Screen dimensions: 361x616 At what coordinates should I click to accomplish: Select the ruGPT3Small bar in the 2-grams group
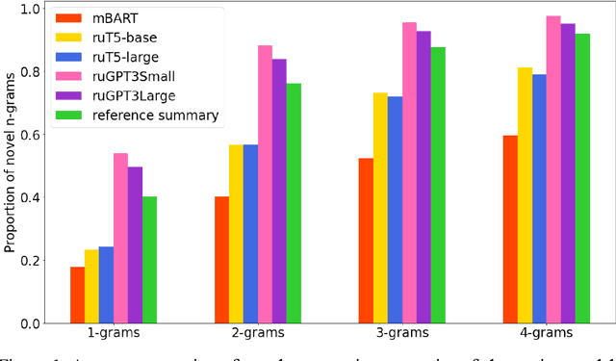tap(265, 184)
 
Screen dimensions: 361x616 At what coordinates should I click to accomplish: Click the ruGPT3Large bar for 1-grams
tap(135, 245)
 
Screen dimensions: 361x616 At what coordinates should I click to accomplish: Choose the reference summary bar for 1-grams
tap(149, 260)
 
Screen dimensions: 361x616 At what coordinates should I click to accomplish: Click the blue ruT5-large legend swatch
tap(69, 57)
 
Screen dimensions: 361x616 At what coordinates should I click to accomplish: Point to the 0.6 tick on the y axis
tap(31, 135)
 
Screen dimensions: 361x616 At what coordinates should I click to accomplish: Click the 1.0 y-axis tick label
tap(31, 9)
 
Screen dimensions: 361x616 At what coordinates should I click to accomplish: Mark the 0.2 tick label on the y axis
tap(31, 261)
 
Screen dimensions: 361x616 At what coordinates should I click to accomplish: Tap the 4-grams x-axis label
tap(546, 334)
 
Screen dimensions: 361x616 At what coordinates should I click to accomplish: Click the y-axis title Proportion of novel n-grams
tap(10, 166)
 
